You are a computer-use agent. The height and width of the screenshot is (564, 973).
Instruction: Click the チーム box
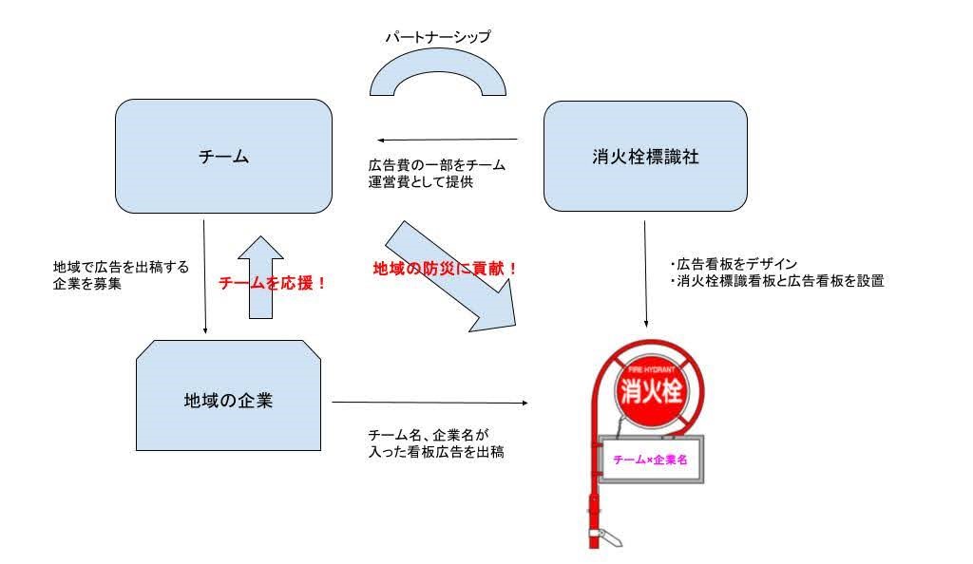223,157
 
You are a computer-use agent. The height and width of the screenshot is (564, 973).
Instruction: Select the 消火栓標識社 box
644,157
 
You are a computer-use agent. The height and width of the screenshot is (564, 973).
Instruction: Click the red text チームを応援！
273,282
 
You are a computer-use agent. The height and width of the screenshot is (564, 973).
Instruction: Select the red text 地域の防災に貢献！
445,268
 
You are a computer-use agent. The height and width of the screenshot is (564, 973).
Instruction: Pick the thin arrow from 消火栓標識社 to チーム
445,138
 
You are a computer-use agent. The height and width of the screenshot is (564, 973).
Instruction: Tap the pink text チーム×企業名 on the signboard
651,460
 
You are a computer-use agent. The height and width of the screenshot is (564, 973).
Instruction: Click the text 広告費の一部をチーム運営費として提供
436,174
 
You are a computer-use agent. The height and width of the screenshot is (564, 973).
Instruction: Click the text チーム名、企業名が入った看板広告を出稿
436,443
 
